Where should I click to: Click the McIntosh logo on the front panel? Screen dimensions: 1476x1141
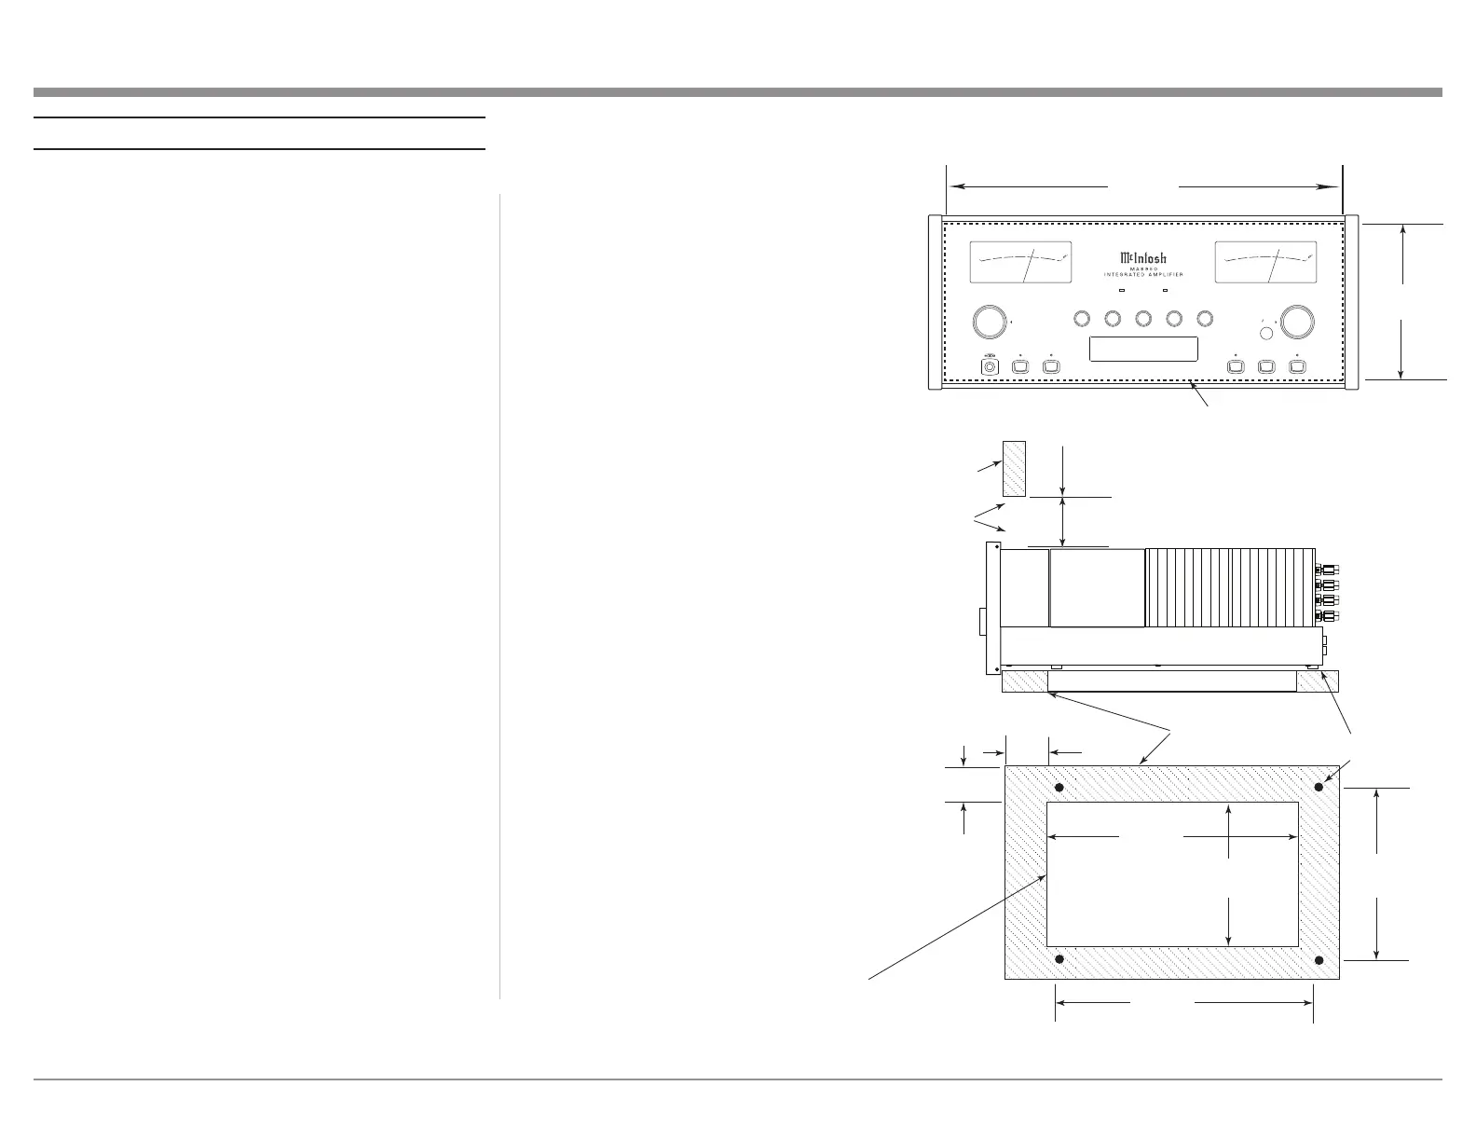pos(1142,258)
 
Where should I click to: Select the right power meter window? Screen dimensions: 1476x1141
pos(1265,264)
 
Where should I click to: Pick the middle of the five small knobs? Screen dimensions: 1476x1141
pos(1142,319)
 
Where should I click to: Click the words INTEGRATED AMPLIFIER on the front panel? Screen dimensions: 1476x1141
pos(1142,275)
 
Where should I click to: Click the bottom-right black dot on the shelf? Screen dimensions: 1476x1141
pos(1318,960)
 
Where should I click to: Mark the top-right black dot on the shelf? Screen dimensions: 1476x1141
pos(1318,788)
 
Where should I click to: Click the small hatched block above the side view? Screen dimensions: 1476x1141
pos(1014,469)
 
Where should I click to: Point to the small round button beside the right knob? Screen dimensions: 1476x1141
pos(1266,334)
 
